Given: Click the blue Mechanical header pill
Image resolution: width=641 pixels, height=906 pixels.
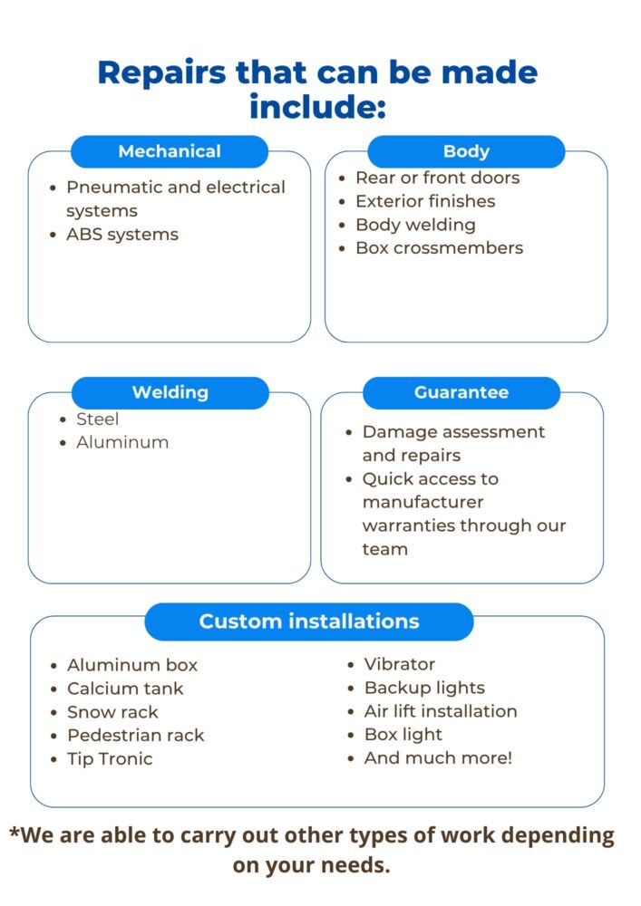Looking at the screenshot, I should click(170, 151).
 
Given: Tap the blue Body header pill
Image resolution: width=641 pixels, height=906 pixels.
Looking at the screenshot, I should click(466, 151).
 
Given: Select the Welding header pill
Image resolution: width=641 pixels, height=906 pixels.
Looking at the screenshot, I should click(170, 392).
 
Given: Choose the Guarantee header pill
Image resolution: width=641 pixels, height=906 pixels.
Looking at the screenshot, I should click(461, 392).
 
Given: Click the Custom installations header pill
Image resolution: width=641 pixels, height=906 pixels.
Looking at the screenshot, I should click(309, 622).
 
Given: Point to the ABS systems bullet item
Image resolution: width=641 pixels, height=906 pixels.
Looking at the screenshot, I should click(121, 235).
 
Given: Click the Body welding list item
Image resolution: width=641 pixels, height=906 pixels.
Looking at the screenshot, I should click(415, 225).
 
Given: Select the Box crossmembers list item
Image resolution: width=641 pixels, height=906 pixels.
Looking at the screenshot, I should click(439, 248).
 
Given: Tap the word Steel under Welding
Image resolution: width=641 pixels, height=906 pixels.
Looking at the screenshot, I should click(97, 419).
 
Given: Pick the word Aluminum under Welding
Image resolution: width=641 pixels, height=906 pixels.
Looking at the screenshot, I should click(122, 443).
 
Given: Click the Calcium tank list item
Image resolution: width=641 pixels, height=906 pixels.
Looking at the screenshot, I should click(125, 689).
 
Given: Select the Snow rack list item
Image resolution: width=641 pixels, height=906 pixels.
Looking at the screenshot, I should click(112, 712).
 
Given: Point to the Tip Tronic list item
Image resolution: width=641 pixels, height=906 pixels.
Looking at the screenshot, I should click(110, 759).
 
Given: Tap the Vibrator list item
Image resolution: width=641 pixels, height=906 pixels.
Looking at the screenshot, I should click(400, 664).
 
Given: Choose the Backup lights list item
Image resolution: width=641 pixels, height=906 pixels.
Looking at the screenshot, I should click(424, 688).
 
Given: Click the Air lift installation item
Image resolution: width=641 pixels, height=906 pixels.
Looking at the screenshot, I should click(441, 711).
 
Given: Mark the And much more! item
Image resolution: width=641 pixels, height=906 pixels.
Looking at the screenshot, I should click(438, 758).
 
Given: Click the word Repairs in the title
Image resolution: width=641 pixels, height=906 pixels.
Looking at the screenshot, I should click(160, 72).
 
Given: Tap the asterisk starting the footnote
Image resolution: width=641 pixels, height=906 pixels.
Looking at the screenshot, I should click(15, 833).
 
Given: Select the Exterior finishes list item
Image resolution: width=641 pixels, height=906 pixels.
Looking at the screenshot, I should click(425, 201).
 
